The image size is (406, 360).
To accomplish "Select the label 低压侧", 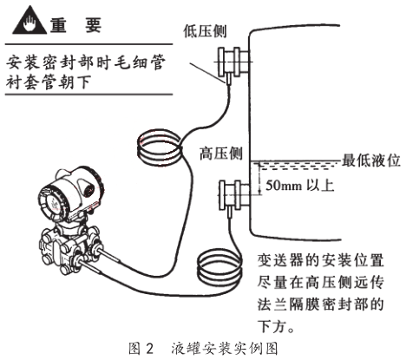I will (203, 28).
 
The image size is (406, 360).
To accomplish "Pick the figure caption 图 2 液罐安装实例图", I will (203, 350).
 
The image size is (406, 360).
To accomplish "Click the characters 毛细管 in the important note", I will (141, 62).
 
